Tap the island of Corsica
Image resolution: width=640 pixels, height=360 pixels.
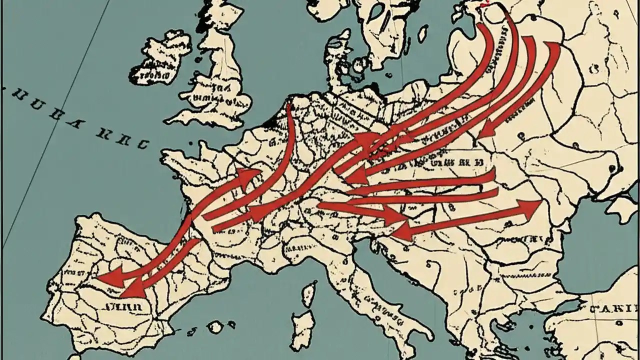point(310,292)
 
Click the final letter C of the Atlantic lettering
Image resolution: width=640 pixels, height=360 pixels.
point(142,144)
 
